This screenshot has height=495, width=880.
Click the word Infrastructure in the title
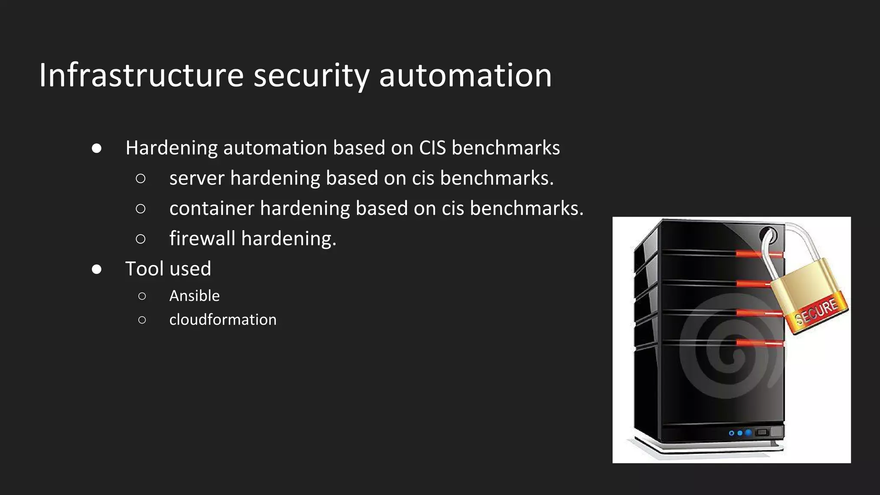click(141, 76)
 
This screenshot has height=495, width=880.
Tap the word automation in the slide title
click(465, 76)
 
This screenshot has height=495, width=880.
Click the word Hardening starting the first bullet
click(171, 148)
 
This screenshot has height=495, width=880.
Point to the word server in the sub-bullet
click(197, 178)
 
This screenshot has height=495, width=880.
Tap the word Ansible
click(194, 296)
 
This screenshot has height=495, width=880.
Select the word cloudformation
click(223, 320)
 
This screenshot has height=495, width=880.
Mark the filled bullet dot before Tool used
click(97, 269)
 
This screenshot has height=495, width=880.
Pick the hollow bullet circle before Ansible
click(142, 296)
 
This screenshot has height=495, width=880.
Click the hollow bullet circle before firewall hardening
click(141, 239)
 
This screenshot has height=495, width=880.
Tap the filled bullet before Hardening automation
click(97, 148)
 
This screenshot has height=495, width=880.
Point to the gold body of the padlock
click(804, 284)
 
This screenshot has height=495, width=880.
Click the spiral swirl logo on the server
click(726, 352)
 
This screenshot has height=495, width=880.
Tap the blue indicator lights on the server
click(740, 433)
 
